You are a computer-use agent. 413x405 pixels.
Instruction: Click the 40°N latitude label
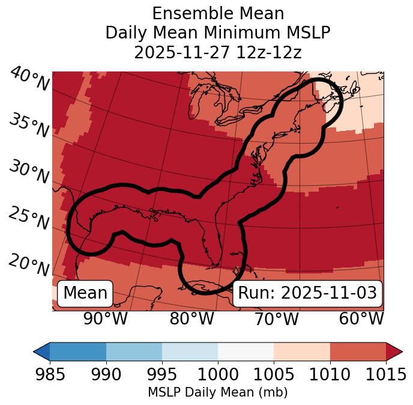click(x=29, y=80)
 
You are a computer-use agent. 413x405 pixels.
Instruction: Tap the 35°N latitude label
click(x=29, y=126)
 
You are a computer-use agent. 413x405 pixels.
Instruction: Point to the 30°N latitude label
click(x=29, y=172)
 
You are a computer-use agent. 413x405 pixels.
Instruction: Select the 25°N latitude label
click(x=29, y=219)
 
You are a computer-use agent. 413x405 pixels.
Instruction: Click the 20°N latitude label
click(x=29, y=265)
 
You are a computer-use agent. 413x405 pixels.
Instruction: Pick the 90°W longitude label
click(x=106, y=319)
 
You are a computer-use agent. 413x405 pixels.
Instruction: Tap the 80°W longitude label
click(x=191, y=319)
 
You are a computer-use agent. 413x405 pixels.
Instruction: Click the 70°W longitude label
click(x=276, y=319)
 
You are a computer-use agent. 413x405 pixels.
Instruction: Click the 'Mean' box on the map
click(x=85, y=293)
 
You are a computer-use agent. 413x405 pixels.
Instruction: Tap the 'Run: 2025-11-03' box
click(x=307, y=293)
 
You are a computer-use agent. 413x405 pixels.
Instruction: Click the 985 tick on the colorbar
click(x=50, y=374)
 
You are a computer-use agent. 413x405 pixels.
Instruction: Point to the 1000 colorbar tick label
click(x=218, y=374)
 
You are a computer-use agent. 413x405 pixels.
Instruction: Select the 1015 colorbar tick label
click(x=386, y=374)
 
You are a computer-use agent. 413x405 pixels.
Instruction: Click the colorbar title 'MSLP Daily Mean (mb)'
click(x=217, y=392)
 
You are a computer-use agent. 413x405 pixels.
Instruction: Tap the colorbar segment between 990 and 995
click(x=134, y=351)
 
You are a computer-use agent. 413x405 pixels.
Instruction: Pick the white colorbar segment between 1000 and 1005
click(x=246, y=351)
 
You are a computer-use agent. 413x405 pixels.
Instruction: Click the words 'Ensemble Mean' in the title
click(x=218, y=13)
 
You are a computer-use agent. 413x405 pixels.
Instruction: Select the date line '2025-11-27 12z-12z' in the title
click(x=218, y=52)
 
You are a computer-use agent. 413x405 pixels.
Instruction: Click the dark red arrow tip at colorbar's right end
click(x=394, y=351)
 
